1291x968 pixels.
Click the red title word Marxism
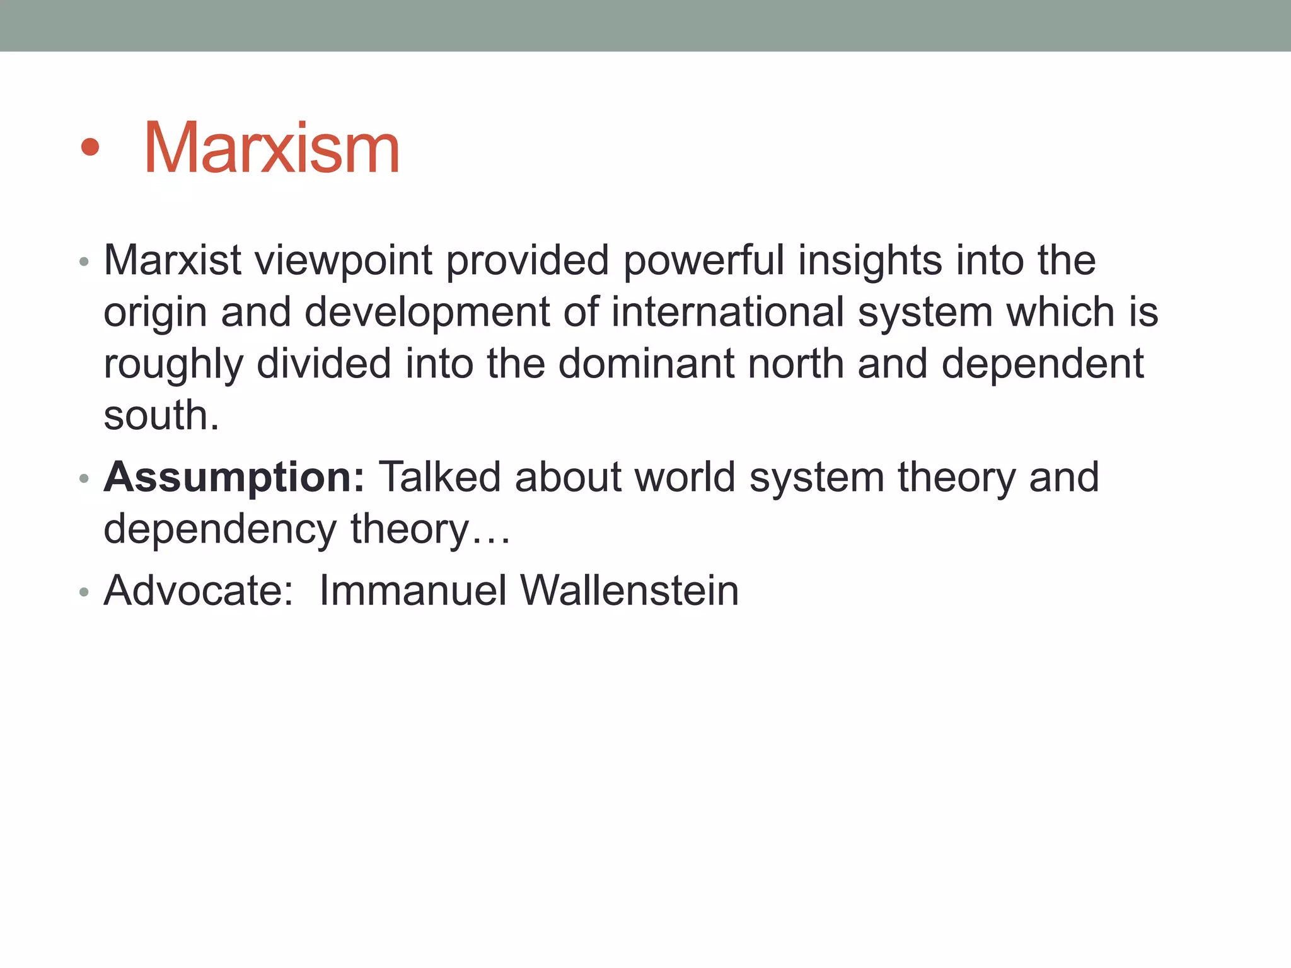(272, 149)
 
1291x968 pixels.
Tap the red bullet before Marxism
(90, 147)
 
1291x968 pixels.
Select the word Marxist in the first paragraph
(172, 260)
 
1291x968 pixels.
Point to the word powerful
(703, 260)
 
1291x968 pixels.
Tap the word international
(727, 312)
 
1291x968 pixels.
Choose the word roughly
(173, 365)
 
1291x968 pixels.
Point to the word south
(161, 415)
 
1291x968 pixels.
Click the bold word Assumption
(234, 477)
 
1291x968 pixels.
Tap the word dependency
(220, 529)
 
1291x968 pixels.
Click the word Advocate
(198, 591)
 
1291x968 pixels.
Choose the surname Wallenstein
(629, 591)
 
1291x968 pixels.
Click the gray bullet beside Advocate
(84, 592)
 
